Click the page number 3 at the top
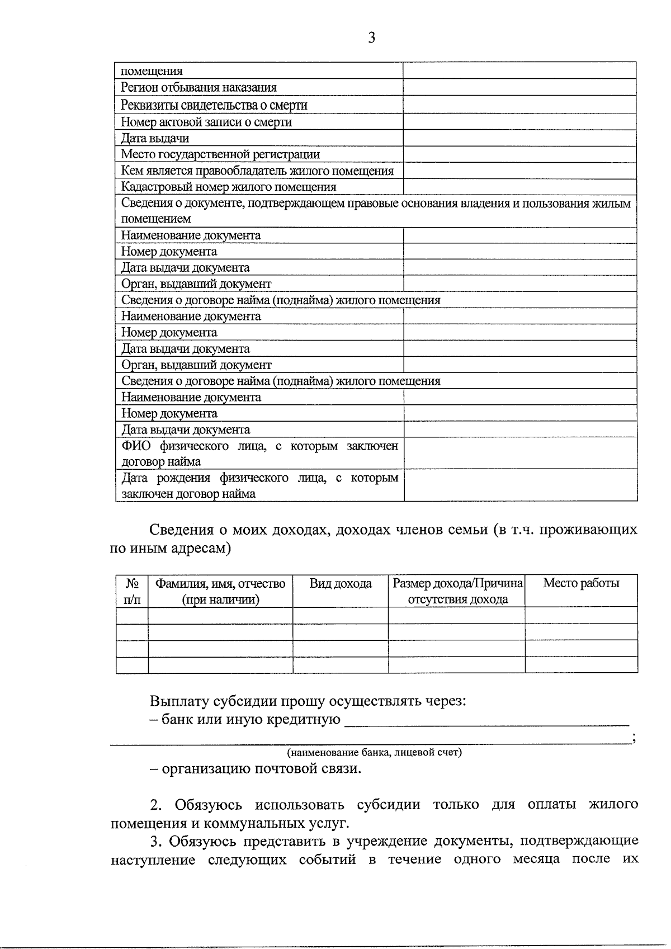371,38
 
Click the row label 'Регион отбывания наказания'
199,88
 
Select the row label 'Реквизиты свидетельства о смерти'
214,105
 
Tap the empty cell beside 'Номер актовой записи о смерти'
519,122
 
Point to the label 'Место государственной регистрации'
220,154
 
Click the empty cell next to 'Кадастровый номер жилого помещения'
519,187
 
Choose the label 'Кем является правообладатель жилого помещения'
257,171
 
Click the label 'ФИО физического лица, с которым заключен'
259,446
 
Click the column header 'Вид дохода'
341,584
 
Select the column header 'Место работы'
581,583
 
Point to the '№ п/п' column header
132,591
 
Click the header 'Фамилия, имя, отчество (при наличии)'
220,591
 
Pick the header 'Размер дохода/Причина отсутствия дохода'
457,591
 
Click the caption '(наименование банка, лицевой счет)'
374,753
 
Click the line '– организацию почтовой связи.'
256,769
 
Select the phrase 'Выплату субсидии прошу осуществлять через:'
308,701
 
